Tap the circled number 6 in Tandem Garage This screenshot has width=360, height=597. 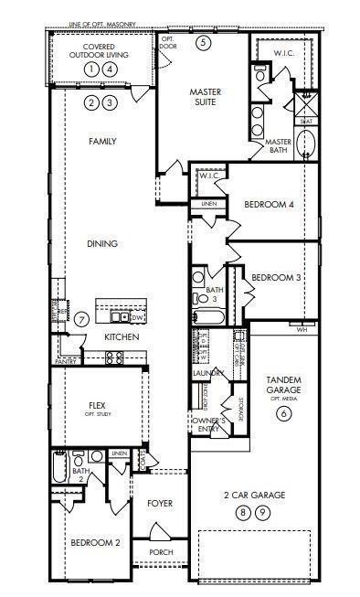pos(283,413)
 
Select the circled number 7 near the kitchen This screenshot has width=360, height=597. pos(81,319)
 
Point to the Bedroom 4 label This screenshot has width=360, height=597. pos(269,205)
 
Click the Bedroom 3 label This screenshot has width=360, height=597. pos(276,277)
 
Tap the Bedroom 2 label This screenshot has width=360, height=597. pos(95,543)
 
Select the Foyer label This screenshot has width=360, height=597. pos(160,503)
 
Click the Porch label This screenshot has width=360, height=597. pos(160,552)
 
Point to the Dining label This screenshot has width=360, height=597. pos(103,243)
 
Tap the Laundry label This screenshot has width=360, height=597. pos(208,374)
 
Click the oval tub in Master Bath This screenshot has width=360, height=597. pos(308,145)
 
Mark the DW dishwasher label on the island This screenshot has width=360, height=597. pos(137,317)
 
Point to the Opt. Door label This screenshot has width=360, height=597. pos(168,42)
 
